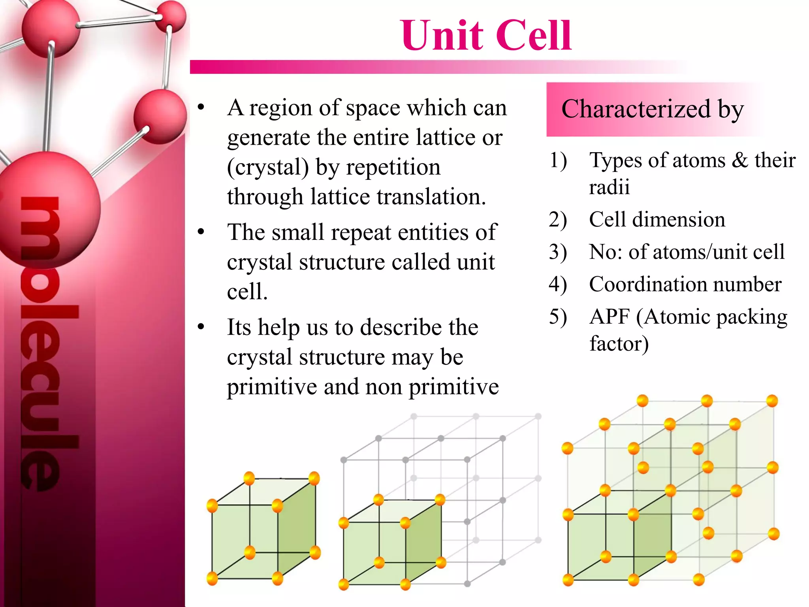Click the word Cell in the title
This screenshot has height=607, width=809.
click(533, 36)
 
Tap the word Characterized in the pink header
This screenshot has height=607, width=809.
click(636, 109)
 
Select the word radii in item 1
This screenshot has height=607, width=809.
click(609, 187)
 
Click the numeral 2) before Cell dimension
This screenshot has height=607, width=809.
click(558, 220)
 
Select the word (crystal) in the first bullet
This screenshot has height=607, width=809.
click(268, 167)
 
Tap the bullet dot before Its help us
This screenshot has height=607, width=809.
click(201, 327)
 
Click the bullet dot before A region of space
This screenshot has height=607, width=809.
click(201, 107)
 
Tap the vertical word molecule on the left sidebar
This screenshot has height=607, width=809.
click(41, 344)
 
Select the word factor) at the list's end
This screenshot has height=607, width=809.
click(619, 343)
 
